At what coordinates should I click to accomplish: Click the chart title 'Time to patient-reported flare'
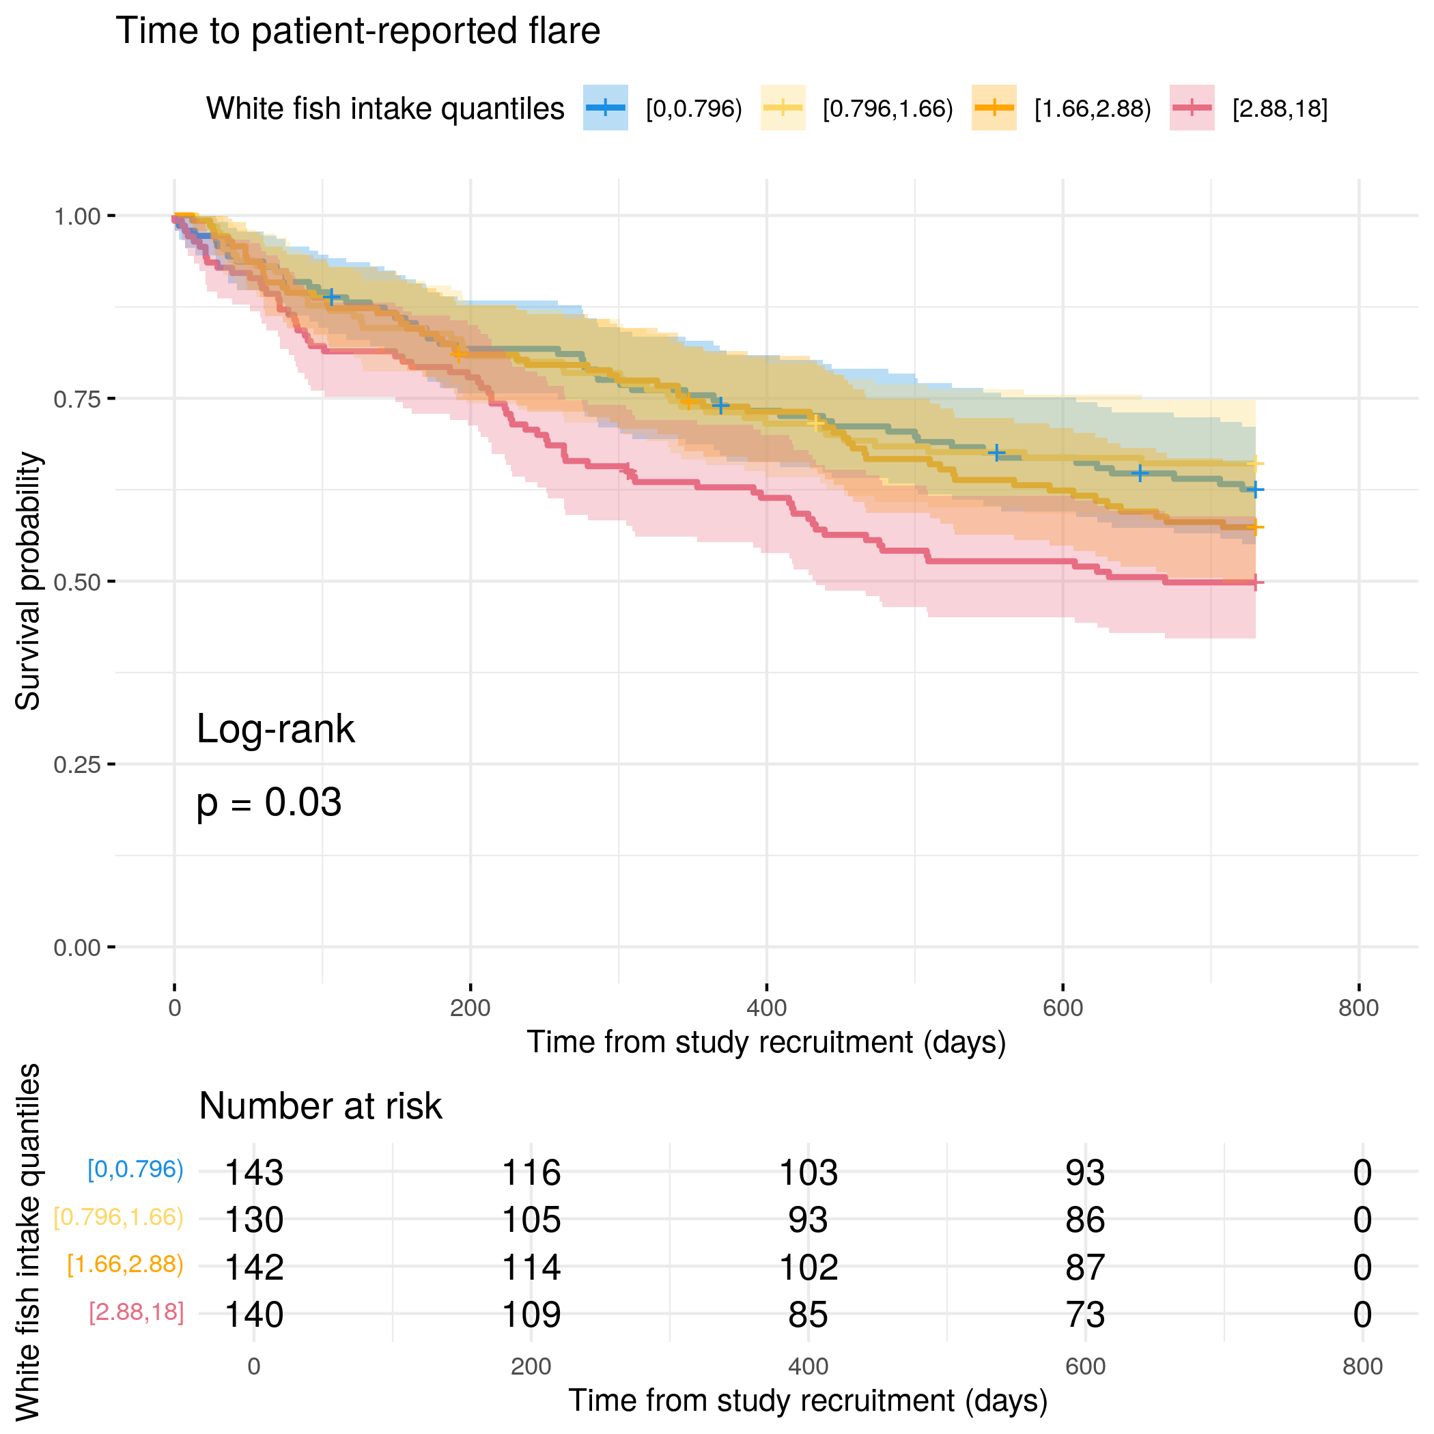pos(358,31)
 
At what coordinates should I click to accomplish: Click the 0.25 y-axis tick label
pos(76,765)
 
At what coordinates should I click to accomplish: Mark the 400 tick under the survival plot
pos(766,1008)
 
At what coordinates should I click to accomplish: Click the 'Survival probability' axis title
pos(28,581)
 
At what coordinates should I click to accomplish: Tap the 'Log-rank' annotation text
pos(275,729)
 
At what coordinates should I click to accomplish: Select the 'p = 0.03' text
pos(268,802)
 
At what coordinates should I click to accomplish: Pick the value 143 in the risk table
pos(254,1172)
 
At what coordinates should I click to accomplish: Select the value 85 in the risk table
pos(808,1314)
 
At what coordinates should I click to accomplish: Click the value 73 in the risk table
pos(1085,1314)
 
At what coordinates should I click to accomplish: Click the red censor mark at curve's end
pos(1254,582)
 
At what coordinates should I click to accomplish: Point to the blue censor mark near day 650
pos(1139,473)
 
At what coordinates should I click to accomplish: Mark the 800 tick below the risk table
pos(1362,1366)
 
